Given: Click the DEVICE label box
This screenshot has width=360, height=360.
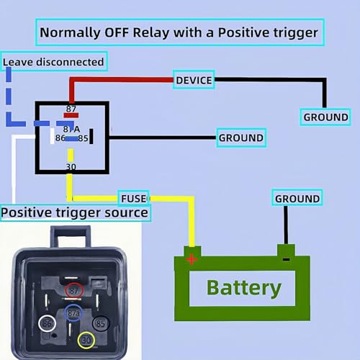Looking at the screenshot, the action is click(194, 80).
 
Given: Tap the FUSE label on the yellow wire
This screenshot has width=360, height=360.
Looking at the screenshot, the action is click(134, 198).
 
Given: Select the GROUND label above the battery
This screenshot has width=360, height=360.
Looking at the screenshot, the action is click(297, 198).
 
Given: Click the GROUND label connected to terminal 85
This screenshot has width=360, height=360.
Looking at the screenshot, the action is click(241, 138).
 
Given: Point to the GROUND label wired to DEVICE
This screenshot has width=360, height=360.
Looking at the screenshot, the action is click(325, 117).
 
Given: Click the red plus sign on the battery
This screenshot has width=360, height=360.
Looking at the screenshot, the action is click(192, 259).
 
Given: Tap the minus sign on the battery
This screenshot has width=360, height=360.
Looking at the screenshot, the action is click(286, 259).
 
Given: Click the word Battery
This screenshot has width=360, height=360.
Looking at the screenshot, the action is click(244, 288).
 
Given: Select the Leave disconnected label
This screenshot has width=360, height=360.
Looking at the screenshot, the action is click(54, 61).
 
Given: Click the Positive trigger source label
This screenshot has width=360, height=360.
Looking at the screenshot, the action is click(75, 212).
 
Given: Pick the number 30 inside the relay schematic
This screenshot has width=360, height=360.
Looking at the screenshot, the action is click(71, 166).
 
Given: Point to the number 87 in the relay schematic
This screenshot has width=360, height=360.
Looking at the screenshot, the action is click(71, 109).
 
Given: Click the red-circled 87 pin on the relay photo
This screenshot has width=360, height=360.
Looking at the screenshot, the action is click(74, 290).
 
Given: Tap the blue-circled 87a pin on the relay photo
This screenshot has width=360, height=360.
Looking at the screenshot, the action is click(73, 312).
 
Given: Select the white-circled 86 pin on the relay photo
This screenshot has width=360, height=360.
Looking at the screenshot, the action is click(48, 323).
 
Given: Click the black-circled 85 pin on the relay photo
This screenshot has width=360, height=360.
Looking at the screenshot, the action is click(101, 323).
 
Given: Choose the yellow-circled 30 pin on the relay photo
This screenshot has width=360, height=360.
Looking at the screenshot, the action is click(86, 340).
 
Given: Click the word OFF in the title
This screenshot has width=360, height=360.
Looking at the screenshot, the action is click(117, 32).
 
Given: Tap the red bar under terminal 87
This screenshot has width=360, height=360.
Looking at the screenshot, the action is click(71, 115).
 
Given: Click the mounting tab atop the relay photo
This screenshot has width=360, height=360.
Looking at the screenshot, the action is click(71, 237).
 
